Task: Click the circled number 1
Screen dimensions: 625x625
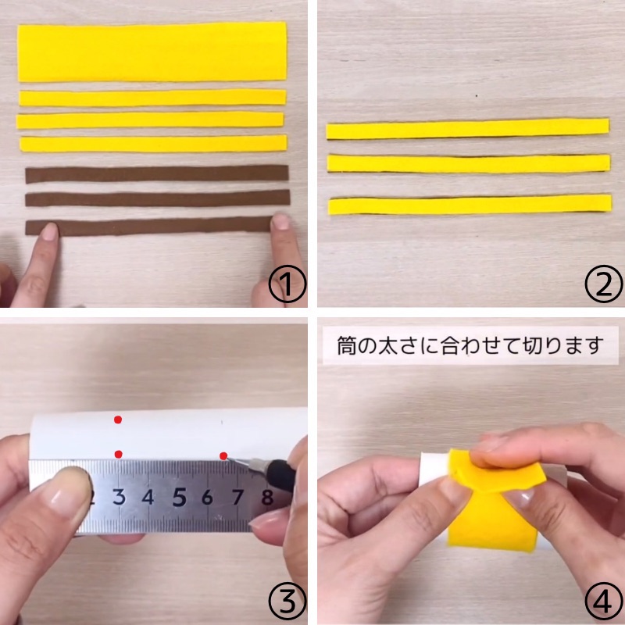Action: (x=287, y=284)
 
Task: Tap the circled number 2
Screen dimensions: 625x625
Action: (x=603, y=284)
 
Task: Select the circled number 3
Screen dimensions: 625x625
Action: (x=287, y=602)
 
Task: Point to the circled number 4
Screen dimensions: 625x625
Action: (x=603, y=602)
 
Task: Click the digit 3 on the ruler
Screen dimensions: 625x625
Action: (x=120, y=497)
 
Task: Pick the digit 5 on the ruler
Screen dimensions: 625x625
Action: (x=179, y=497)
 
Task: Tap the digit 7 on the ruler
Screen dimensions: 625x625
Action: (x=237, y=497)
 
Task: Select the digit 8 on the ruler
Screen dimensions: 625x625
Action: (x=267, y=497)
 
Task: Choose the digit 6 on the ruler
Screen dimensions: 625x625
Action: (x=207, y=497)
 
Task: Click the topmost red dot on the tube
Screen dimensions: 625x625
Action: (x=118, y=420)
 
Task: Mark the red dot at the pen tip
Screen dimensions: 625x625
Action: (x=223, y=455)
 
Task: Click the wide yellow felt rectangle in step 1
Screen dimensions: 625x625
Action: (x=152, y=52)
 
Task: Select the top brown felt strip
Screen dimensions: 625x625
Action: (x=157, y=173)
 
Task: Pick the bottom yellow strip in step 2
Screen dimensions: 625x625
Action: (x=470, y=205)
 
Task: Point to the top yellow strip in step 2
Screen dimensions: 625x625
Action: (x=467, y=128)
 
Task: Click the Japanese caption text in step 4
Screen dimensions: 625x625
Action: (x=470, y=345)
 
